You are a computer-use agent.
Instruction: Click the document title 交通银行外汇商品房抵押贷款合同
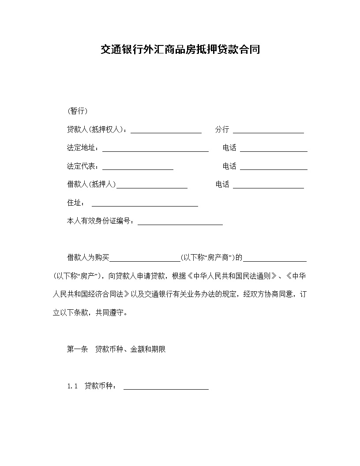[x=180, y=49]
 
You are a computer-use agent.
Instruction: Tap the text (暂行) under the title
[x=77, y=111]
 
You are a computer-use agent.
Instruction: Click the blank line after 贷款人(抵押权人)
[x=166, y=131]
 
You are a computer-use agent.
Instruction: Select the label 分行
[x=222, y=130]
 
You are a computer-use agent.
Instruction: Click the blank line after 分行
[x=268, y=131]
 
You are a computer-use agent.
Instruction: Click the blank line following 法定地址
[x=155, y=150]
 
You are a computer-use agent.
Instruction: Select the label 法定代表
[x=82, y=166]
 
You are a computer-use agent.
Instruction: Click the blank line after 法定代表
[x=138, y=168]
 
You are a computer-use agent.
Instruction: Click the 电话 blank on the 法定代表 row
[x=274, y=168]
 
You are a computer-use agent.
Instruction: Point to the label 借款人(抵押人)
[x=91, y=184]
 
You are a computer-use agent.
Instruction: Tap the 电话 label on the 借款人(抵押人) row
[x=222, y=184]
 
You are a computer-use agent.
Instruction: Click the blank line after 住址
[x=145, y=204]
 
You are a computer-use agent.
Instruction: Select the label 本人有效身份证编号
[x=100, y=221]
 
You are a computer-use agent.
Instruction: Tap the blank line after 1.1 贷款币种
[x=166, y=388]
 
